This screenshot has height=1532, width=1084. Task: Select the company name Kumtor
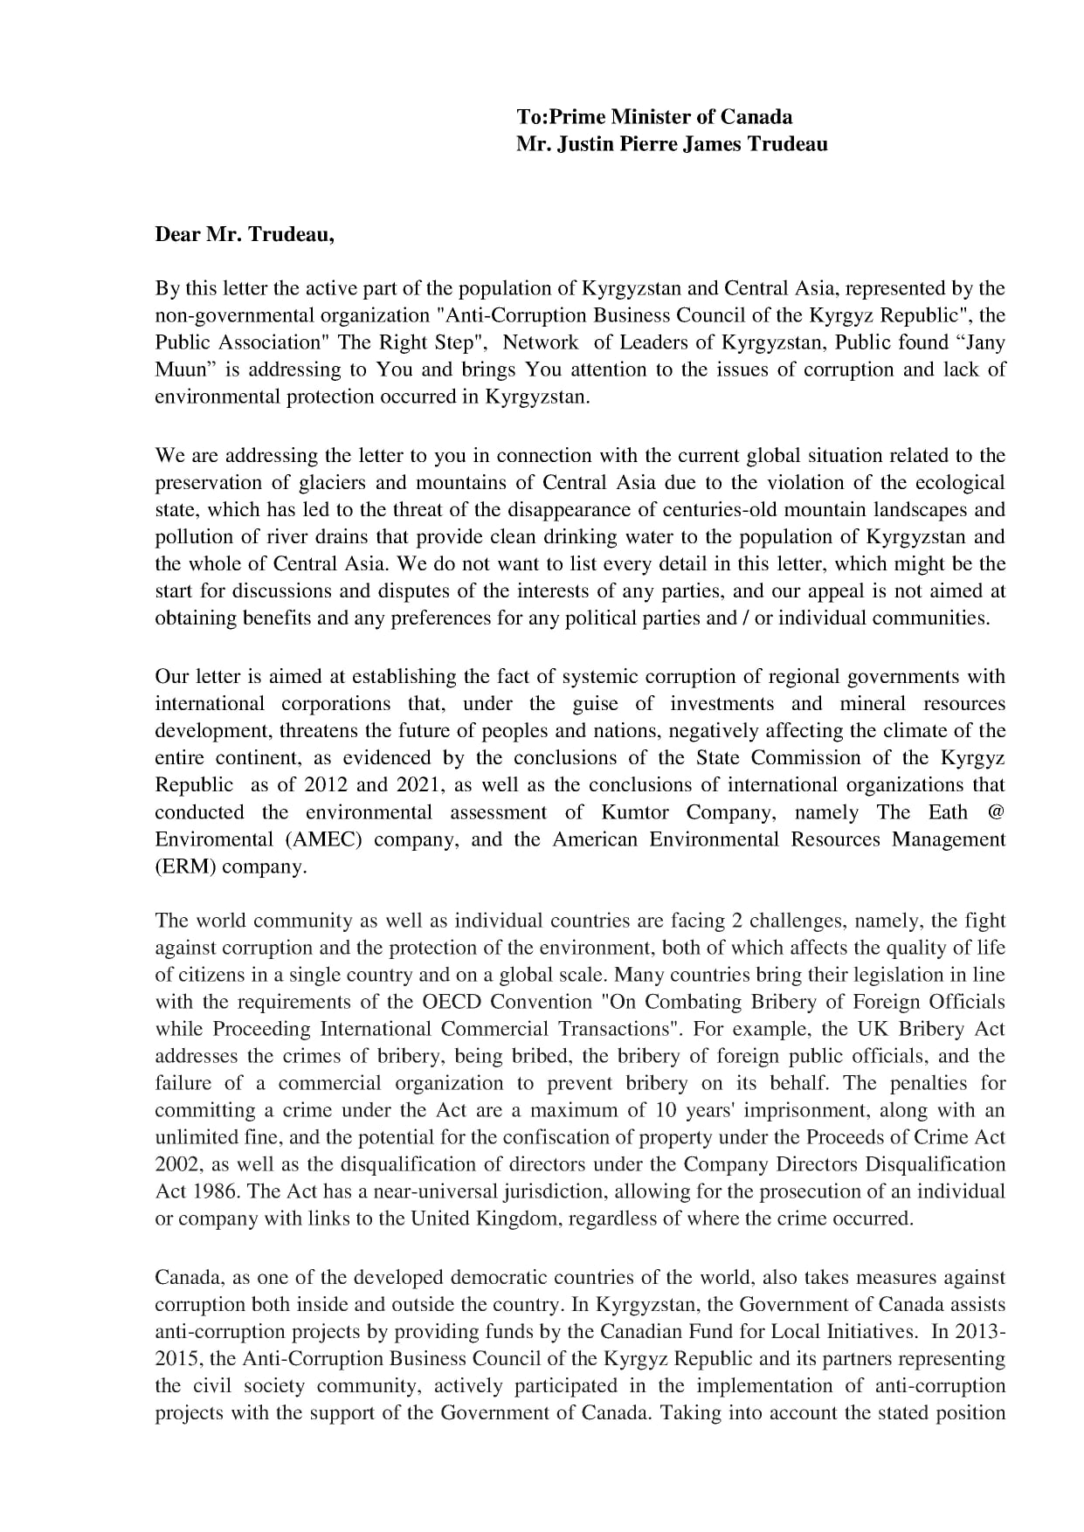point(635,812)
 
